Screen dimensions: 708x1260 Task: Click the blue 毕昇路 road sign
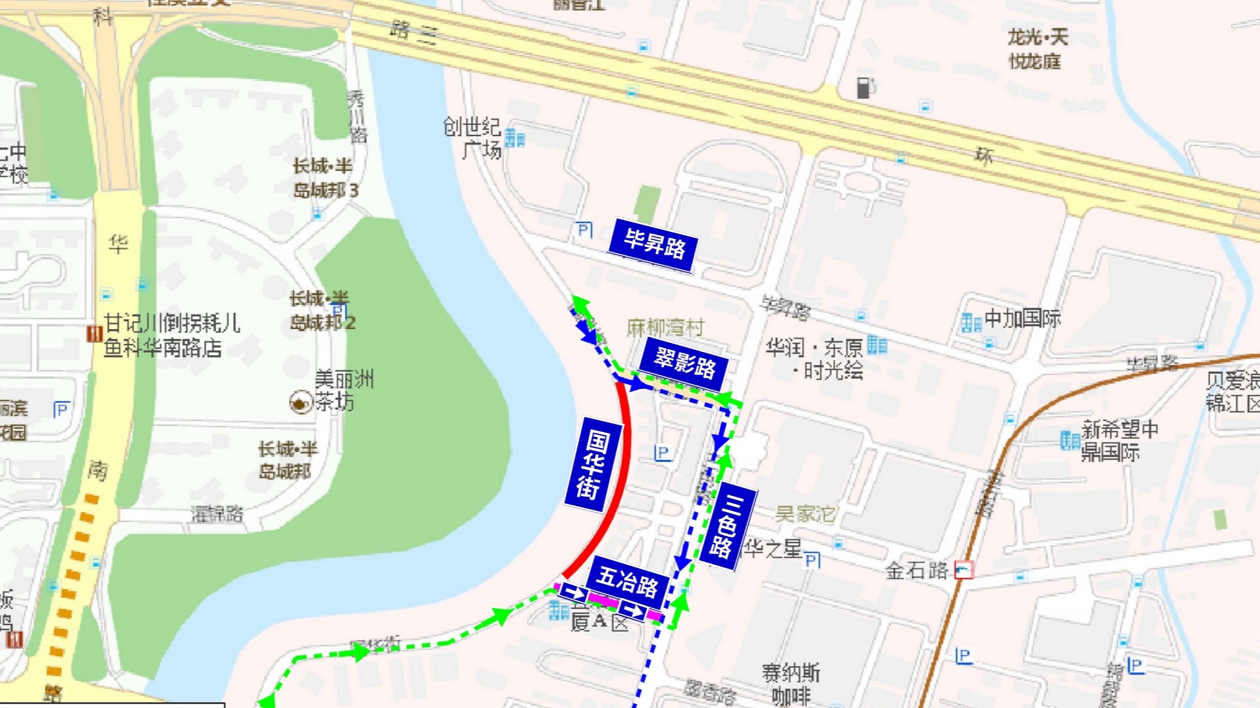point(653,245)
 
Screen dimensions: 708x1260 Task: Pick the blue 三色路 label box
point(727,526)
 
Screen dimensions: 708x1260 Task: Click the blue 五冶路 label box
point(628,582)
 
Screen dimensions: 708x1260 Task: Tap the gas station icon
point(864,88)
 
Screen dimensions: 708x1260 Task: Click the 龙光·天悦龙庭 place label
point(1037,49)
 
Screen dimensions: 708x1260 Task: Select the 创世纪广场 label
point(473,138)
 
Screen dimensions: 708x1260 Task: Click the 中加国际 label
point(1022,319)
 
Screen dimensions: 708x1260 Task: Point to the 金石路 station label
point(916,570)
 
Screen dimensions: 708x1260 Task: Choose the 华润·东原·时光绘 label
point(815,359)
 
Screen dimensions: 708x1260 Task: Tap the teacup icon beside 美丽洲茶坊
point(301,402)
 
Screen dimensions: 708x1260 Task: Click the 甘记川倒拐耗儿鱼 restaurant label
point(171,335)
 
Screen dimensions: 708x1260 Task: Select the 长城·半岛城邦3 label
point(325,178)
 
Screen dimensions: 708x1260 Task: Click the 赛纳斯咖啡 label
point(791,684)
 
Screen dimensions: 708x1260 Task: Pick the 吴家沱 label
point(805,514)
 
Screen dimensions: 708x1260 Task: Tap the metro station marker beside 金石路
point(964,569)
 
